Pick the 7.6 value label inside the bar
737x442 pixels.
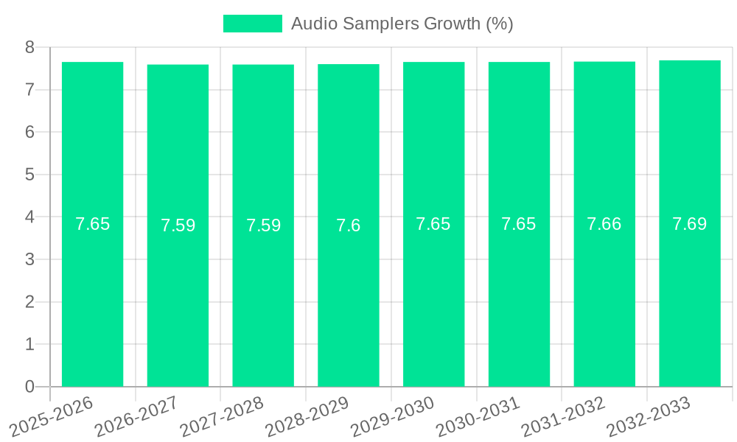click(x=348, y=225)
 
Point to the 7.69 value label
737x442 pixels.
click(x=689, y=224)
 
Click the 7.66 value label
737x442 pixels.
click(x=604, y=224)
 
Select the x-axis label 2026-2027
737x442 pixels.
click(x=137, y=417)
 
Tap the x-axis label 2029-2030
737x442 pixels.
click(x=393, y=417)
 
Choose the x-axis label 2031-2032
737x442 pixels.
click(x=564, y=417)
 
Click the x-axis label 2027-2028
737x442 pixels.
click(x=223, y=417)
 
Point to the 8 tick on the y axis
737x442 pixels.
click(x=29, y=47)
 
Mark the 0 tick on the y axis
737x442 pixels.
click(x=29, y=387)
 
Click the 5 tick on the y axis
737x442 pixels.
click(x=29, y=175)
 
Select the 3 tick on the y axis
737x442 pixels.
click(x=29, y=259)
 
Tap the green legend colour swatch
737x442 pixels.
click(x=252, y=24)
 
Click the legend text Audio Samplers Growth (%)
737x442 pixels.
click(x=402, y=24)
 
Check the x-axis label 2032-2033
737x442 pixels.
click(x=649, y=417)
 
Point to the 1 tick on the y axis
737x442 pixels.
click(x=29, y=344)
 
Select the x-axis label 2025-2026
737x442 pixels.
click(x=52, y=417)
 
